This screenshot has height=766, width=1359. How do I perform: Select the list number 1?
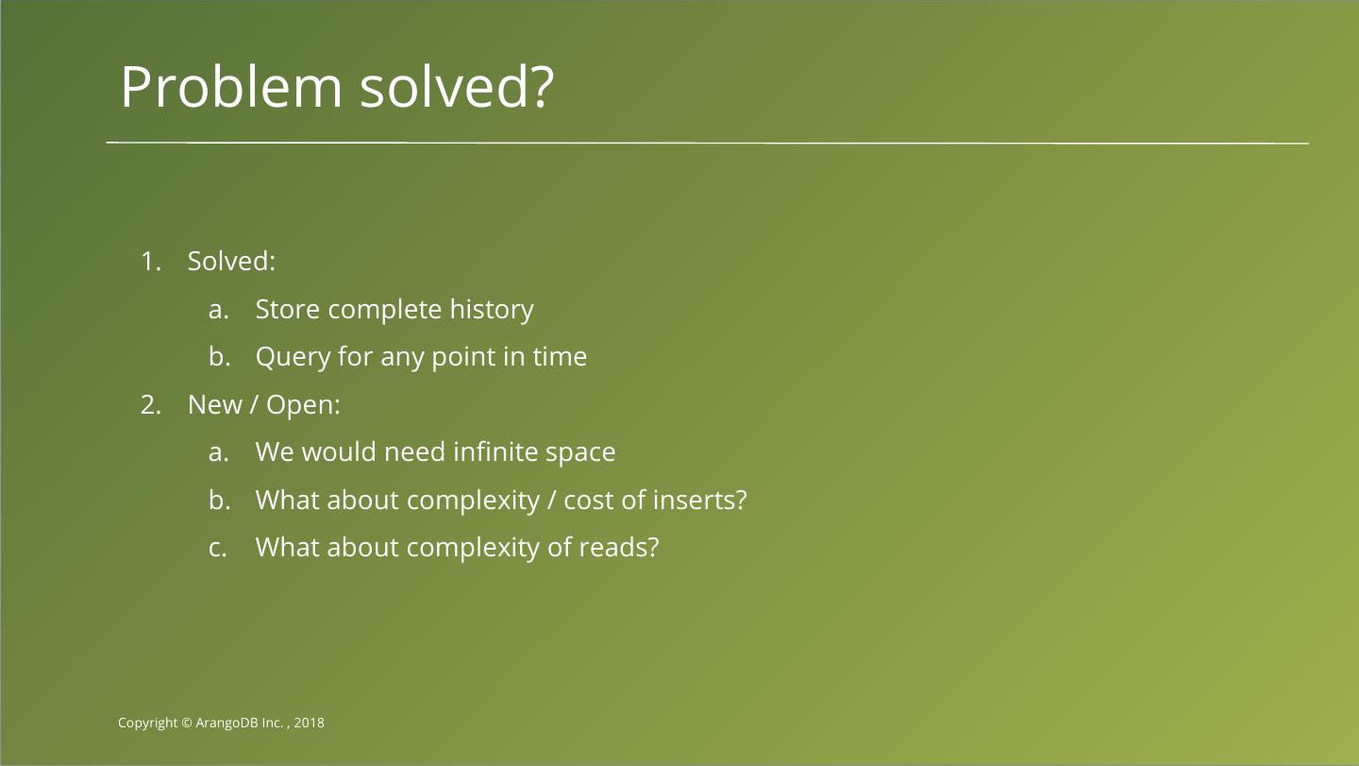pyautogui.click(x=150, y=262)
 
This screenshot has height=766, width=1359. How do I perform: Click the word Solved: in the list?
pyautogui.click(x=231, y=261)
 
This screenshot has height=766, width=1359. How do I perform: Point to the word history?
pyautogui.click(x=492, y=311)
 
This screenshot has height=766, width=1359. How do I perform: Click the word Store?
pyautogui.click(x=287, y=310)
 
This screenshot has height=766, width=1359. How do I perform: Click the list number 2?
pyautogui.click(x=150, y=405)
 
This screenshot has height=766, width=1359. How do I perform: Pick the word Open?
pyautogui.click(x=303, y=406)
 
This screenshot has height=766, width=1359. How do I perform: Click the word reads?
pyautogui.click(x=619, y=548)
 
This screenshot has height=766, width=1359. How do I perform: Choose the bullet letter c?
pyautogui.click(x=217, y=549)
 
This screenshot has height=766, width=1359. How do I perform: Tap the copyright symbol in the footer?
pyautogui.click(x=187, y=723)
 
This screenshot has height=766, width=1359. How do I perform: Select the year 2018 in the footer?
pyautogui.click(x=309, y=723)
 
